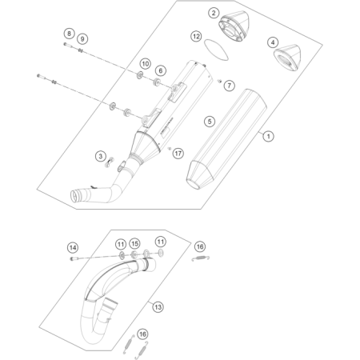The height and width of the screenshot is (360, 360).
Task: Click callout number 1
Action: click(268, 136)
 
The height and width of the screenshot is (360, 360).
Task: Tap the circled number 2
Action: click(214, 13)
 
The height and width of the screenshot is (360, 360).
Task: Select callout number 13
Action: click(158, 307)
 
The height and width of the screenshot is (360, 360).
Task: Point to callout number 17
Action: click(178, 154)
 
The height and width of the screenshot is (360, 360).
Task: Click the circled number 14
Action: click(73, 248)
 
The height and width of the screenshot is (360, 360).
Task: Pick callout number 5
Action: click(210, 122)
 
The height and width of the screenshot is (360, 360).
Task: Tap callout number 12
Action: click(196, 36)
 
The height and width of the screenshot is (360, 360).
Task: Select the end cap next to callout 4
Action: click(287, 58)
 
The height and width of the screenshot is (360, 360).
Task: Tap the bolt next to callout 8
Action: click(68, 45)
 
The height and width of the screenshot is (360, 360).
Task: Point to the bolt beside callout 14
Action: click(75, 258)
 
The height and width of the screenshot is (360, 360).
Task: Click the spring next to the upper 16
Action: click(201, 258)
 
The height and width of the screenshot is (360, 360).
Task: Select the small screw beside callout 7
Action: click(219, 81)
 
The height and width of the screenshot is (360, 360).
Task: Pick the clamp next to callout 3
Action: click(110, 162)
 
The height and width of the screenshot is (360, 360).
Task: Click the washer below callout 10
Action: click(140, 75)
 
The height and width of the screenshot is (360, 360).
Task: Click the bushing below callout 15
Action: click(134, 254)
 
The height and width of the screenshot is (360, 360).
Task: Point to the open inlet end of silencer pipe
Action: click(75, 196)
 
